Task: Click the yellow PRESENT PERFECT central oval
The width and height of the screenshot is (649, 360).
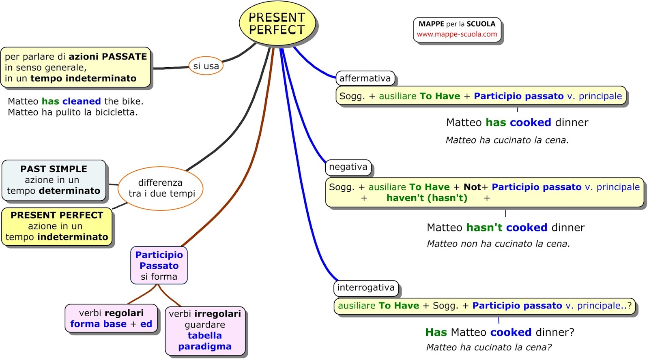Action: point(277,24)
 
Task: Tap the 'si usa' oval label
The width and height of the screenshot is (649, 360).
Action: point(206,66)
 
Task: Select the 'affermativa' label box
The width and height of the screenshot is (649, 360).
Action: point(365,78)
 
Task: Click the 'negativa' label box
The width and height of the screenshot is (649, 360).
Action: point(348,167)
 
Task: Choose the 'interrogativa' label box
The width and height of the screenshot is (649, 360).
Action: point(365,288)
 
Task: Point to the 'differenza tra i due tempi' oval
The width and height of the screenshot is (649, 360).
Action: point(161,188)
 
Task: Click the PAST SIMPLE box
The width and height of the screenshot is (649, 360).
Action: point(54,180)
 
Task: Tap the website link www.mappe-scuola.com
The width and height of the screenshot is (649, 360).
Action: point(457,34)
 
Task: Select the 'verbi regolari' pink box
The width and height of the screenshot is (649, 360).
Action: point(111,319)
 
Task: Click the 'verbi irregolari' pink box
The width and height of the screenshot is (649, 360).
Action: point(205,330)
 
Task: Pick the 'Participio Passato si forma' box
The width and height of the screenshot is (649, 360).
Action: point(159,266)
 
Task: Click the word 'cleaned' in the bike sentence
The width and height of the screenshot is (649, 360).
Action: point(82,101)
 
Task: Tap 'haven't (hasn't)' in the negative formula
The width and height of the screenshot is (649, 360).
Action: point(427,198)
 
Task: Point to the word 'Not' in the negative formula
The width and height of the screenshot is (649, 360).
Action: point(472,187)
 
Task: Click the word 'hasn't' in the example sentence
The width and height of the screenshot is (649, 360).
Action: point(484,228)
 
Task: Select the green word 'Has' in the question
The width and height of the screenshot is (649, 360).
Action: point(436,332)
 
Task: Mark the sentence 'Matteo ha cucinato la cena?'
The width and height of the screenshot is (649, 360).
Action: point(489,347)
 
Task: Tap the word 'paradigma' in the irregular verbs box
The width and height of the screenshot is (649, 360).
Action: point(205,347)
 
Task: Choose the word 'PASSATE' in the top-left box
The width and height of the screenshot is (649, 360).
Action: point(124,57)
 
